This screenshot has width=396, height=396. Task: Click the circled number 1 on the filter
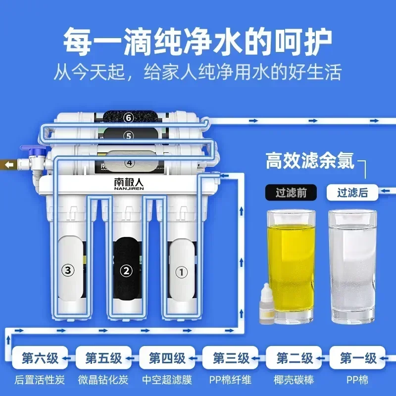[x=183, y=271]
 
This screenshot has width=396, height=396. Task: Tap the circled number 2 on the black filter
[x=126, y=270]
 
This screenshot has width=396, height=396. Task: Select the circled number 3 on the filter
[x=68, y=270]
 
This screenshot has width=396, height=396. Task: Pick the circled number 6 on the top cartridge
[x=129, y=117]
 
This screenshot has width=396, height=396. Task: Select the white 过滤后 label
[x=352, y=193]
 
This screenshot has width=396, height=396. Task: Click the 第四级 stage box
[x=167, y=358]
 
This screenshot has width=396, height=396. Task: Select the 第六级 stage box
[x=39, y=358]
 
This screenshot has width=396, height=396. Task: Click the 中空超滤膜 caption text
[x=167, y=380]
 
